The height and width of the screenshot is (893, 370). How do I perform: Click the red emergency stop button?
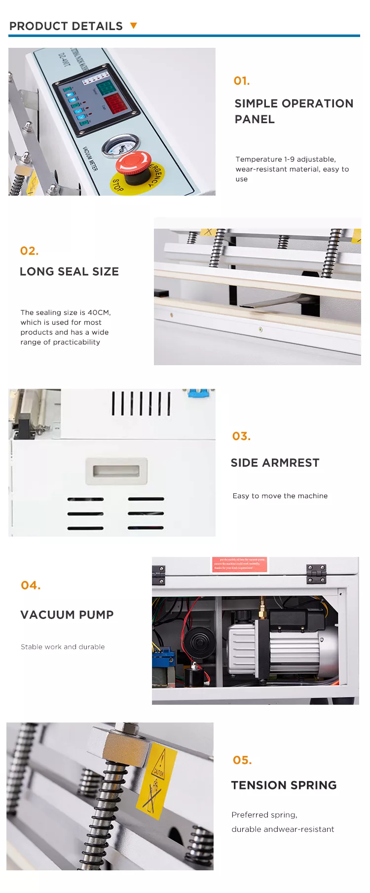point(133,163)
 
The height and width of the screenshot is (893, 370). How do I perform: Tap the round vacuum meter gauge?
point(119,147)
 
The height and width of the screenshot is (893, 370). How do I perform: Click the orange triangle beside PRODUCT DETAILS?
point(133,26)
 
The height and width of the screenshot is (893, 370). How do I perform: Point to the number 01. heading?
point(242,81)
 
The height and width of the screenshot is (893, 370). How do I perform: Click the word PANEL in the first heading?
point(255,119)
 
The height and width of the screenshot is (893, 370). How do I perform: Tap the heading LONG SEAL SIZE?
point(69,272)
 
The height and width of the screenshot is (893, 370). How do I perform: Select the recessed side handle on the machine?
point(116,471)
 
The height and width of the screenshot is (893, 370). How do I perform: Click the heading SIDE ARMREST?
point(275,463)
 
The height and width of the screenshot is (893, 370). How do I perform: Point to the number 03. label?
point(241,436)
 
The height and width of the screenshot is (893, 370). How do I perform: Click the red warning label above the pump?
point(240,564)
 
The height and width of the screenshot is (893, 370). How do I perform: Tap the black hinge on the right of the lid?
point(316,573)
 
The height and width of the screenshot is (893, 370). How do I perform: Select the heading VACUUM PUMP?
point(67,615)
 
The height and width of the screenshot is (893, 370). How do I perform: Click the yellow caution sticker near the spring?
point(157,781)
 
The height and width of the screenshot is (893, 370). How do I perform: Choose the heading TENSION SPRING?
point(284,785)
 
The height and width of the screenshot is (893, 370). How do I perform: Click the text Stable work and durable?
point(63,647)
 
